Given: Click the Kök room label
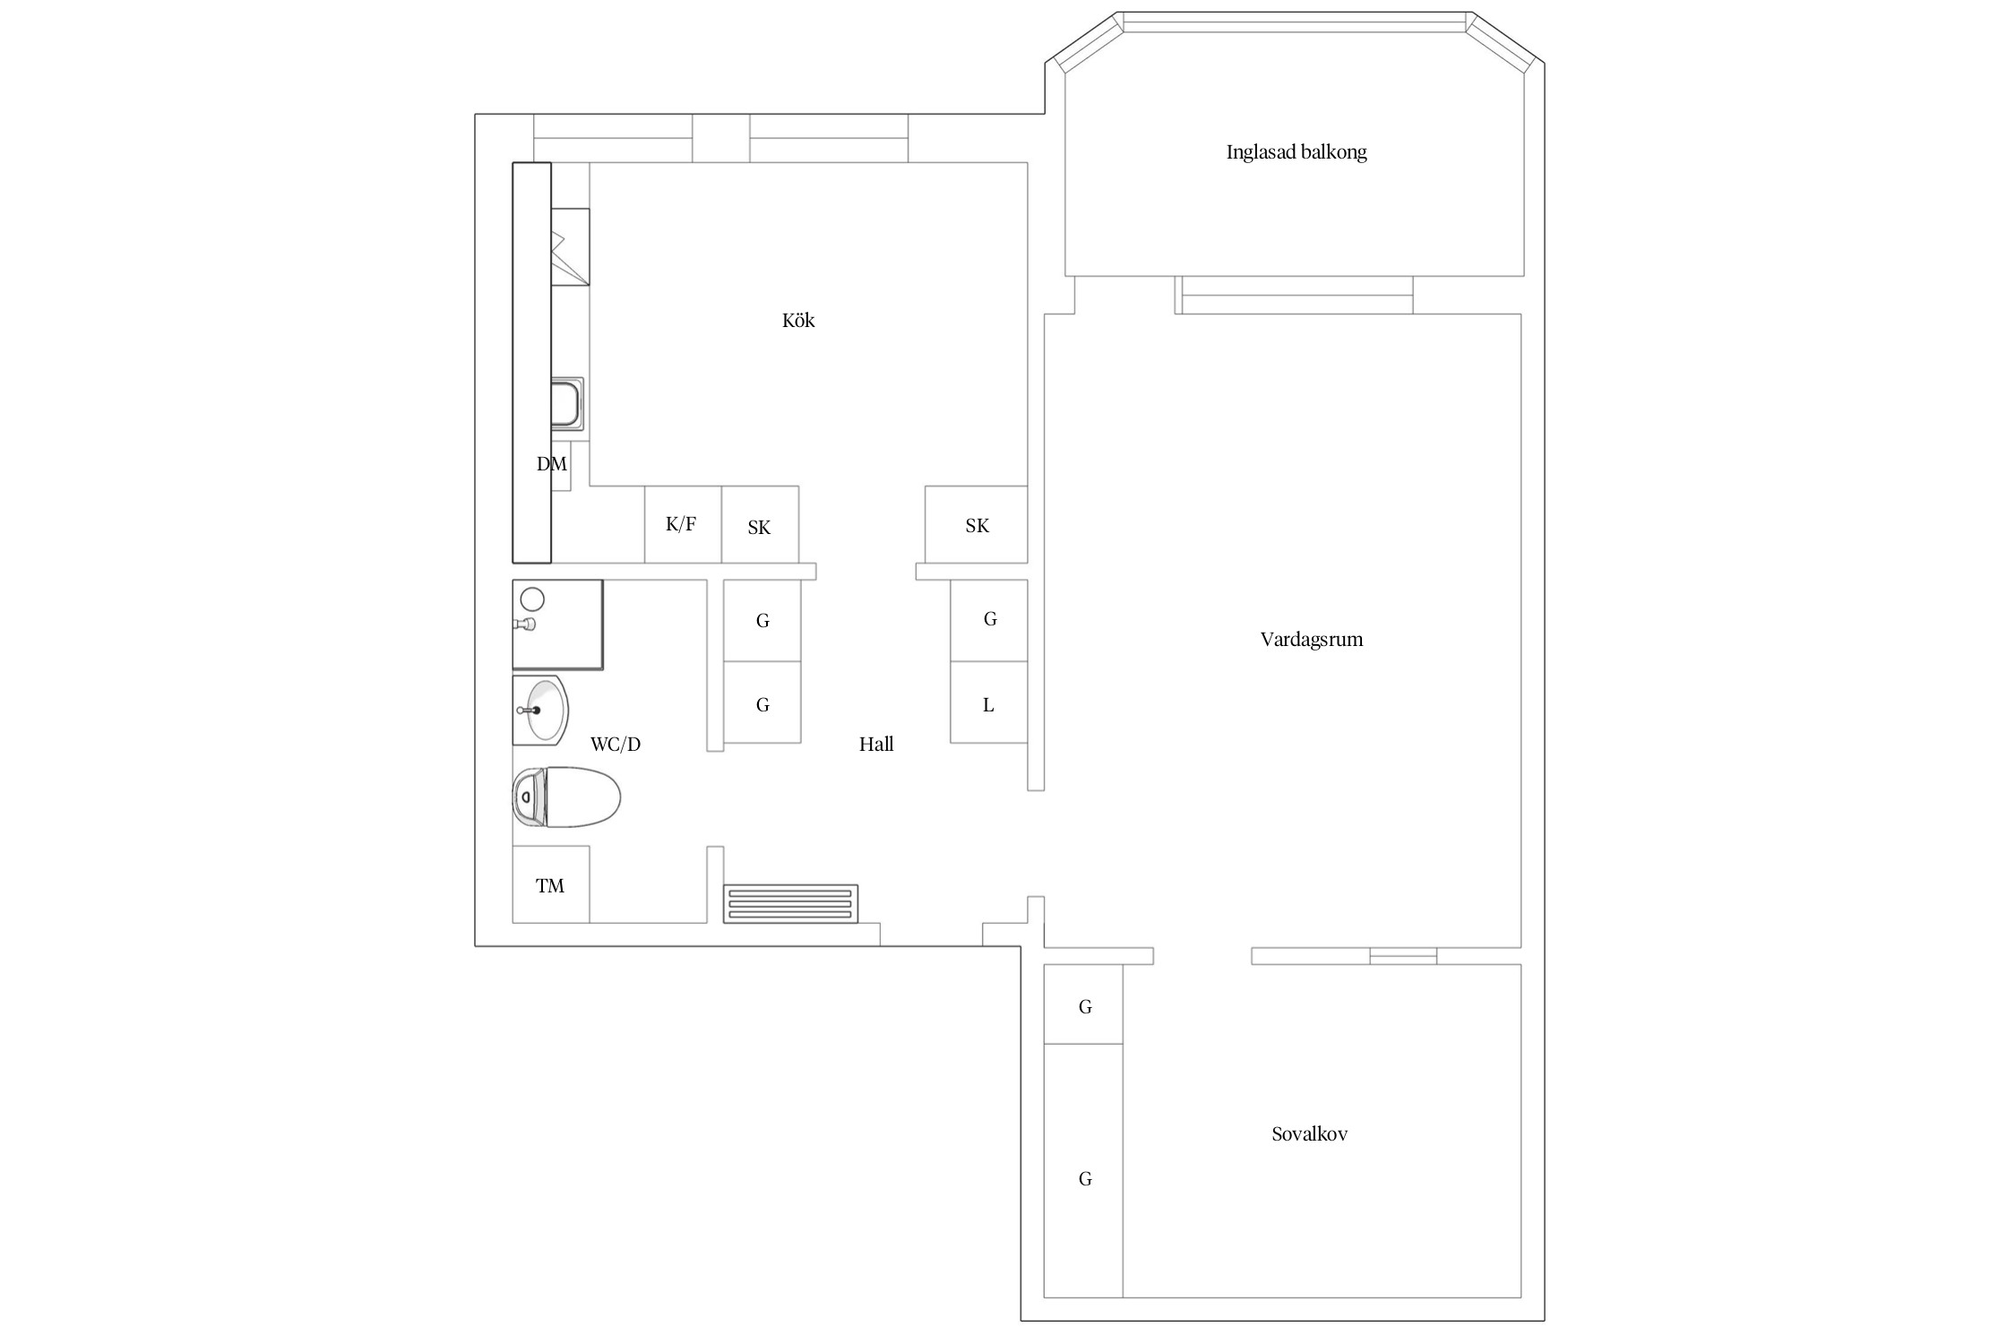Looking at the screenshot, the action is click(798, 320).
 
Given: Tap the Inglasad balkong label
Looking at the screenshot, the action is click(1297, 152).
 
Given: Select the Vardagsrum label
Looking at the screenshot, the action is click(1312, 640).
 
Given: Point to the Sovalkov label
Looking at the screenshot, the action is click(1310, 1133).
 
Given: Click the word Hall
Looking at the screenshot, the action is click(876, 744).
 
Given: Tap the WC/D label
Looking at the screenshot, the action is click(616, 744).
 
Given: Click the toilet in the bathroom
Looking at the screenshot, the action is click(566, 797).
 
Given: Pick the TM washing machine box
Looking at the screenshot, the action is click(551, 884).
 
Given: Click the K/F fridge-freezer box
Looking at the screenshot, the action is click(683, 524).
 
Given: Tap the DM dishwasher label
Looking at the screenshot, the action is click(552, 464).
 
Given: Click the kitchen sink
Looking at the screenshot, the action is click(566, 403).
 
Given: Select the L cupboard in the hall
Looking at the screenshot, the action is click(989, 702).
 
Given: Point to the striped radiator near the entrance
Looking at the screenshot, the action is click(790, 903).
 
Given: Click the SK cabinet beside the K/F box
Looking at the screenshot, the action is click(760, 525).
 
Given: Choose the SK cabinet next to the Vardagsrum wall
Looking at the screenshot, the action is click(977, 524).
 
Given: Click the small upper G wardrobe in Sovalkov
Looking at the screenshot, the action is click(1083, 1004).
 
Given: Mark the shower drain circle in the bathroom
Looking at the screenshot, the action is click(533, 599).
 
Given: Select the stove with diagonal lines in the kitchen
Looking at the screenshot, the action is click(570, 247).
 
